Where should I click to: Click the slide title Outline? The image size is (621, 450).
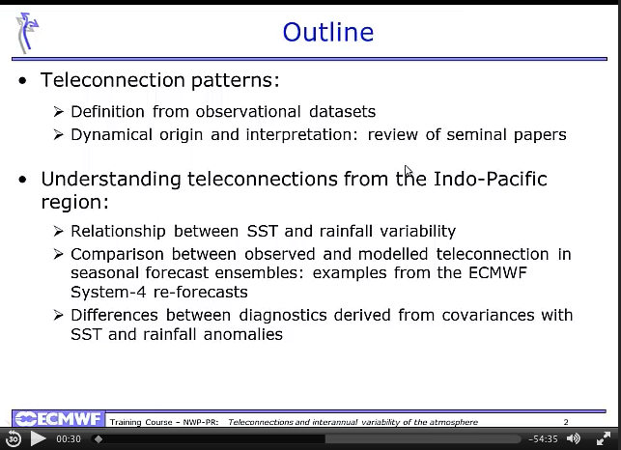point(328,32)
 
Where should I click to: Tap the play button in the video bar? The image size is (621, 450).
point(38,438)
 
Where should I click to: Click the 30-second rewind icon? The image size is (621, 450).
point(14,438)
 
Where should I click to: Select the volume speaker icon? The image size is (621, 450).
point(574,438)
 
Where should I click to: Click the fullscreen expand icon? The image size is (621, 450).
point(604,438)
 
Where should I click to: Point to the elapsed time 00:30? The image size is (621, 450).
point(69,439)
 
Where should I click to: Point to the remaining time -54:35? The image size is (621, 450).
point(543,439)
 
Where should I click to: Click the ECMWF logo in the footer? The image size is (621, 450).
point(58,419)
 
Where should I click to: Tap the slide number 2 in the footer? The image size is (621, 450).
point(566,422)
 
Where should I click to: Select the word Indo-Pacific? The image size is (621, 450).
point(491,179)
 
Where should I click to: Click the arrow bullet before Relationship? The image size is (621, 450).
point(59,231)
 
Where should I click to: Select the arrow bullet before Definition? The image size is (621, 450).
point(59,112)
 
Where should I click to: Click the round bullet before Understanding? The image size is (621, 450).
point(22,180)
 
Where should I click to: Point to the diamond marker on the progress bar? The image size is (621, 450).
point(99,439)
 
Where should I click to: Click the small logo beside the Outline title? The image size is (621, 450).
point(27,33)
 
